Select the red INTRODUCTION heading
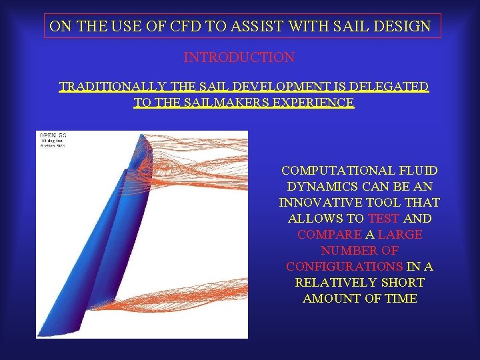coord(239,57)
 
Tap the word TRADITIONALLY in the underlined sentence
coord(113,87)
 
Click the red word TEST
coord(383,219)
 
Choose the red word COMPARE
coord(327,235)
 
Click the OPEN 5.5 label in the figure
coord(53,136)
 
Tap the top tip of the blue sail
coord(142,135)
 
